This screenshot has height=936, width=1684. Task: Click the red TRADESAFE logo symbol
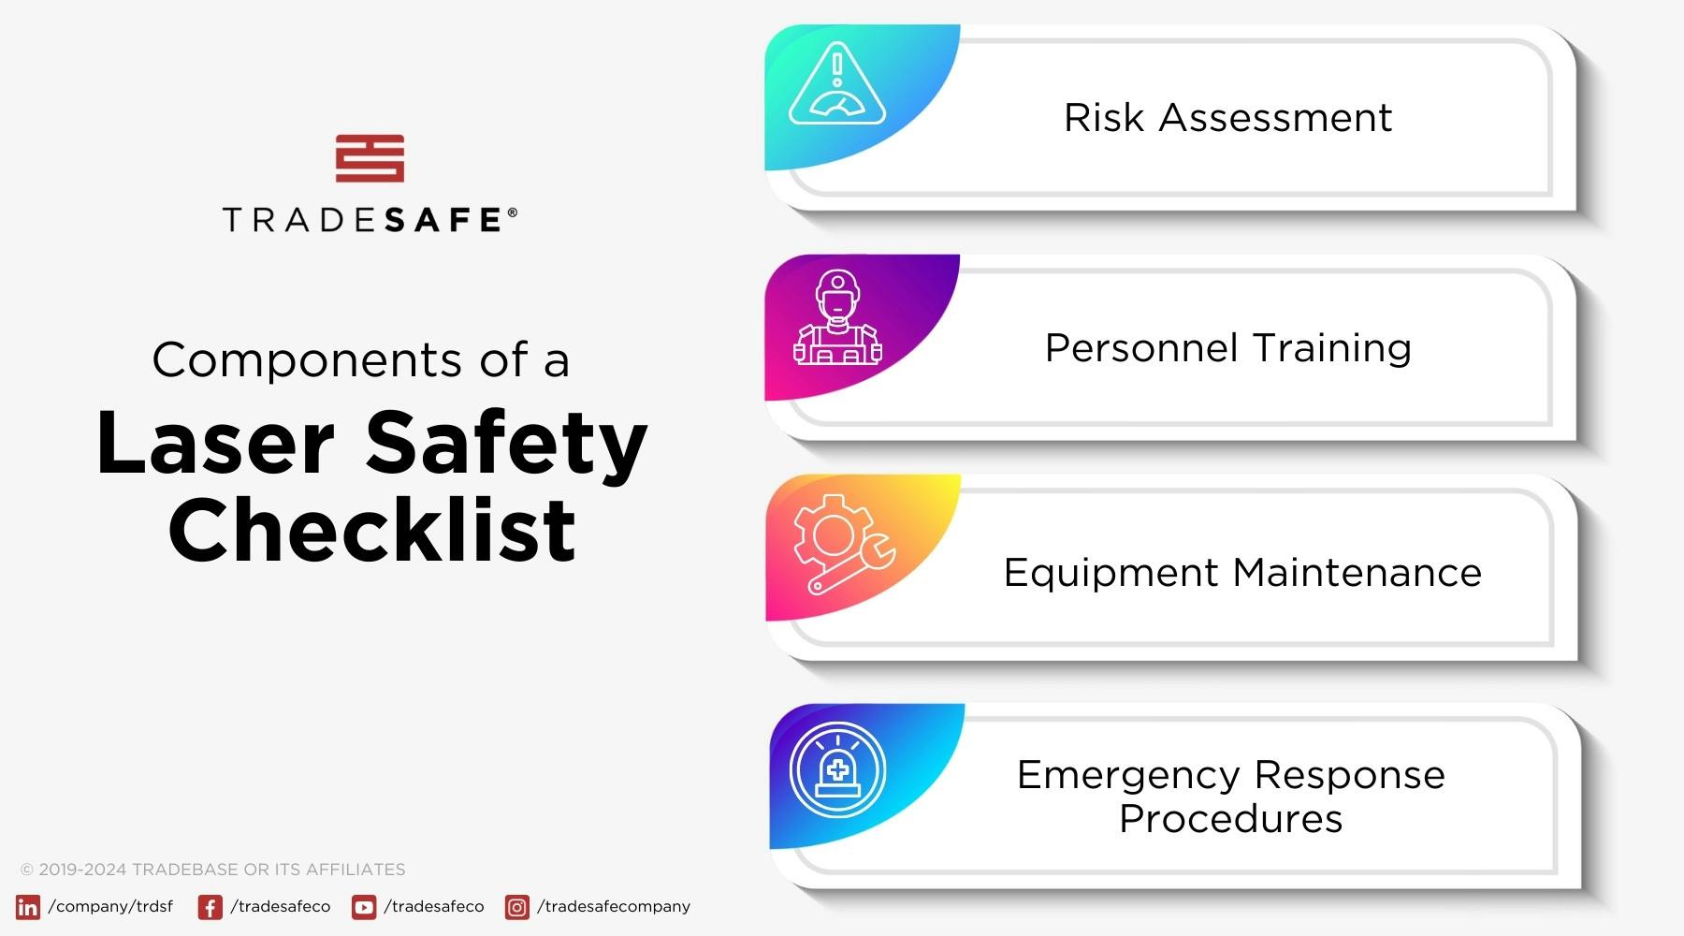pyautogui.click(x=370, y=158)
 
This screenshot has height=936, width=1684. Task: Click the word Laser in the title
pyautogui.click(x=215, y=444)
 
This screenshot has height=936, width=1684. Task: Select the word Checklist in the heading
pyautogui.click(x=371, y=530)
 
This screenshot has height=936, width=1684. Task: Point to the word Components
pyautogui.click(x=307, y=360)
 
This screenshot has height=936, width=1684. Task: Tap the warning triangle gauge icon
pyautogui.click(x=836, y=89)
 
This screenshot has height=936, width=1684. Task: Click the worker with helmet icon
pyautogui.click(x=837, y=318)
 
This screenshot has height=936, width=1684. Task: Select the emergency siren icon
pyautogui.click(x=837, y=770)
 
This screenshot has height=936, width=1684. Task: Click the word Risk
pyautogui.click(x=1104, y=118)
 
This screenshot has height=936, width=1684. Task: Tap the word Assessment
pyautogui.click(x=1275, y=118)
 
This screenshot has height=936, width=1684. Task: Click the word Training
pyautogui.click(x=1332, y=348)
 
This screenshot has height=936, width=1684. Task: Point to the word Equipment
pyautogui.click(x=1110, y=574)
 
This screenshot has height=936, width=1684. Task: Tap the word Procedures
pyautogui.click(x=1230, y=819)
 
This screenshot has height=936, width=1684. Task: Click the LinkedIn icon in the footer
pyautogui.click(x=28, y=907)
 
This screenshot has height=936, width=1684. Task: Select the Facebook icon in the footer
pyautogui.click(x=210, y=907)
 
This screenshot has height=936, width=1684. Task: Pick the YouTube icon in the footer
pyautogui.click(x=364, y=907)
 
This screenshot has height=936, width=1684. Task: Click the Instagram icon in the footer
pyautogui.click(x=516, y=907)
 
